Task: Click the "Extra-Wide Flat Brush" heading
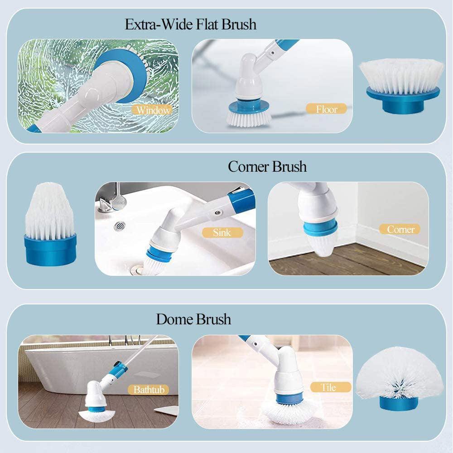pyautogui.click(x=190, y=24)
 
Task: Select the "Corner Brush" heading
pyautogui.click(x=267, y=167)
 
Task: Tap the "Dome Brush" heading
pyautogui.click(x=193, y=319)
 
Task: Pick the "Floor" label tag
pyautogui.click(x=326, y=109)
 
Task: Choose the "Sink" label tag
pyautogui.click(x=222, y=232)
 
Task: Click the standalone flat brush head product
pyautogui.click(x=402, y=86)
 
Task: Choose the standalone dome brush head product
pyautogui.click(x=399, y=383)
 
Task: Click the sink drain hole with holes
pyautogui.click(x=120, y=225)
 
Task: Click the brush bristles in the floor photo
pyautogui.click(x=249, y=119)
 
